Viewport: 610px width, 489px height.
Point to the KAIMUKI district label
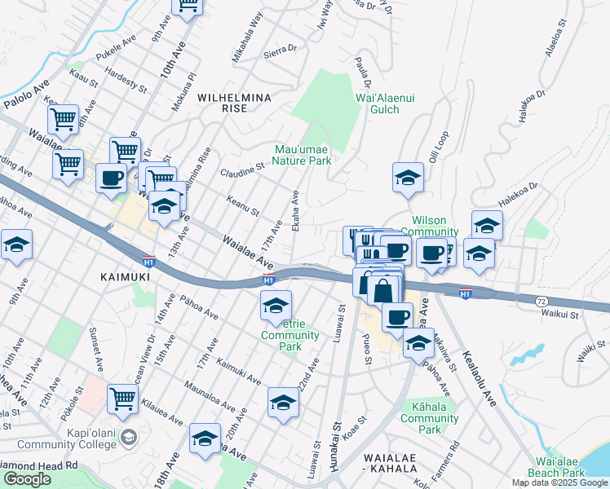tap(123, 277)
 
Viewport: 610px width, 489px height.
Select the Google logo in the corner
tap(27, 479)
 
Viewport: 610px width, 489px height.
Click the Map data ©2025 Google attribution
tap(559, 482)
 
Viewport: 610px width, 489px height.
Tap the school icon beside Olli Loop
tap(408, 178)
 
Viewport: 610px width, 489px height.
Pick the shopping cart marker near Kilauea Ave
tap(122, 399)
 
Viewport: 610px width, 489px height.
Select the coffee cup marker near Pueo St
tap(397, 316)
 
